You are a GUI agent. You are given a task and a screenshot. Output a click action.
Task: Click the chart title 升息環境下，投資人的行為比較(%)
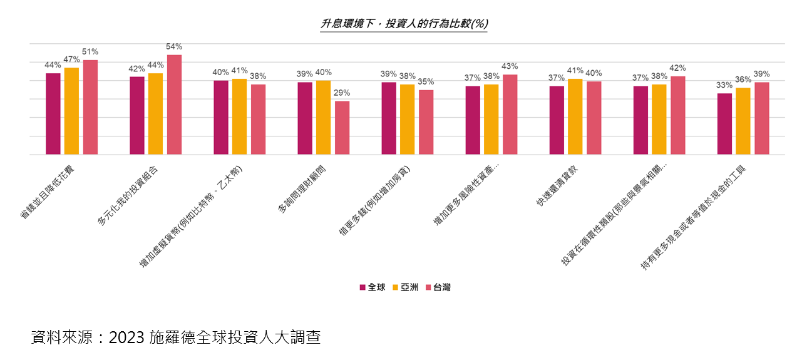(x=404, y=24)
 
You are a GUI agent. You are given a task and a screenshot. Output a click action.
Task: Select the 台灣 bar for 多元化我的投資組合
(x=174, y=105)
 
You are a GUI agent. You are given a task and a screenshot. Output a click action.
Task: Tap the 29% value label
(x=342, y=93)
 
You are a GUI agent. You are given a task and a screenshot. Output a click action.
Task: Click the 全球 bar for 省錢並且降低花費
(x=53, y=114)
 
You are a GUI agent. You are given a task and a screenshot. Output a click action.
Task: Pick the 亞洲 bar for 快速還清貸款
(x=575, y=116)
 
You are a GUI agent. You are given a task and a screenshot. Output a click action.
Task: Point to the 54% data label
(x=174, y=46)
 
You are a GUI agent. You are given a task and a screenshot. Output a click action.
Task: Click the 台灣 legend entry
(x=438, y=287)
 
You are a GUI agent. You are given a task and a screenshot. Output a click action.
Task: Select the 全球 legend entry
(x=373, y=287)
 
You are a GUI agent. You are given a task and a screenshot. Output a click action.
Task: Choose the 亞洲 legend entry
(x=406, y=287)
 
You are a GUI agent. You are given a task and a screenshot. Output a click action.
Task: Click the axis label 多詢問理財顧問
(x=302, y=190)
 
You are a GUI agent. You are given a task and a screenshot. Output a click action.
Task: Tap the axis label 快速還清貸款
(x=557, y=186)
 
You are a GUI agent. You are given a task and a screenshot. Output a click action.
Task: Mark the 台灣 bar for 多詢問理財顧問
(x=342, y=128)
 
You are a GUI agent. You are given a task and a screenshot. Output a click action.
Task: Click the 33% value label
(x=724, y=85)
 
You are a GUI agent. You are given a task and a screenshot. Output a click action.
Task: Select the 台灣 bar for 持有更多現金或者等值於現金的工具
(x=762, y=118)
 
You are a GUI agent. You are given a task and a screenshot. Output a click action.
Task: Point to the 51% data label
(x=90, y=51)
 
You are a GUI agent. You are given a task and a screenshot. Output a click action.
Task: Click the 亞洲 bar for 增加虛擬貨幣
(x=239, y=116)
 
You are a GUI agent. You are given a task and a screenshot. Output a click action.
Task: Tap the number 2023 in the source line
(x=126, y=337)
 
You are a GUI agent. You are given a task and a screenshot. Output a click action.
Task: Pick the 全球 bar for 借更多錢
(x=389, y=118)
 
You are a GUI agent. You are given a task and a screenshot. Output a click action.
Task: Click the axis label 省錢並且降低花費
(x=48, y=192)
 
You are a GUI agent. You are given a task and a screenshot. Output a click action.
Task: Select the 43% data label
(x=510, y=66)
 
